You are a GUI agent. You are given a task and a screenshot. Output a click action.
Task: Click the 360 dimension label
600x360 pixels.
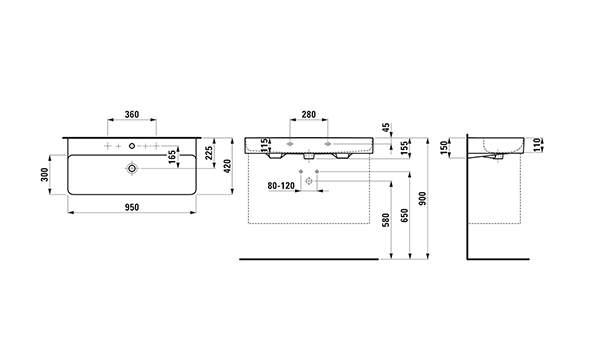pos(132,114)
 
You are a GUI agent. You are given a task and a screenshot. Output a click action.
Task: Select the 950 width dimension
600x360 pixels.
pos(132,207)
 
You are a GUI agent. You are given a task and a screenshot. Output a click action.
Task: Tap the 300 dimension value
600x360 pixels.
pos(45,174)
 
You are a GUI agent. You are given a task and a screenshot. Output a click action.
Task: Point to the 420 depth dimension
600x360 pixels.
pos(227,166)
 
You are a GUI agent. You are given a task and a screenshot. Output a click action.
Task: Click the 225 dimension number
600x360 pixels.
pos(209,153)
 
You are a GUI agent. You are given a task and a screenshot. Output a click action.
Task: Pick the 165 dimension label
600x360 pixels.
pos(172,157)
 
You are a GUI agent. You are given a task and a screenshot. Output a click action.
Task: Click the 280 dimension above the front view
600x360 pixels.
pos(308,114)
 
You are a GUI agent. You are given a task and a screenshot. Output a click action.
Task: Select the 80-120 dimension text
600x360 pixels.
pos(281,186)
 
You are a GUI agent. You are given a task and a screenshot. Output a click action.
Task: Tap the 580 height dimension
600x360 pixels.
pos(385,220)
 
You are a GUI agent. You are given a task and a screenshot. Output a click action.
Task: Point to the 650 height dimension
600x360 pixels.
pos(405,215)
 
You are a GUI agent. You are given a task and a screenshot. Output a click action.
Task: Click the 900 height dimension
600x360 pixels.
pos(422,199)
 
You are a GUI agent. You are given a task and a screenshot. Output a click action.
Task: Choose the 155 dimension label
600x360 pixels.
pos(405,148)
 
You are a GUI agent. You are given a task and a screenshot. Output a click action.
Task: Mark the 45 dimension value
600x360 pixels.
pos(386,127)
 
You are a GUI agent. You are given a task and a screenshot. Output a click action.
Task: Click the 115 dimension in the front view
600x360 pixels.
pos(264,145)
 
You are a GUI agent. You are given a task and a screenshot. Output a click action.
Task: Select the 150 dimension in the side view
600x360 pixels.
pos(444,148)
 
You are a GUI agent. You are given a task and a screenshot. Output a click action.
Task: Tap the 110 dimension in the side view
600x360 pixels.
pos(537,145)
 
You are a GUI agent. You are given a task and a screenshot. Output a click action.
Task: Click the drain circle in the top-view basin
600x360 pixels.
pos(132,168)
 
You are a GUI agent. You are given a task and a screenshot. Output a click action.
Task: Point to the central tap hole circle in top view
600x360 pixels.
pos(132,145)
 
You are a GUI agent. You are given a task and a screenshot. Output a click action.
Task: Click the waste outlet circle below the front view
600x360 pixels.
pos(309,181)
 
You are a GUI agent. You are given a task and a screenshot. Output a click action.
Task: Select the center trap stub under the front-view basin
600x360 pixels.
pos(308,156)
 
